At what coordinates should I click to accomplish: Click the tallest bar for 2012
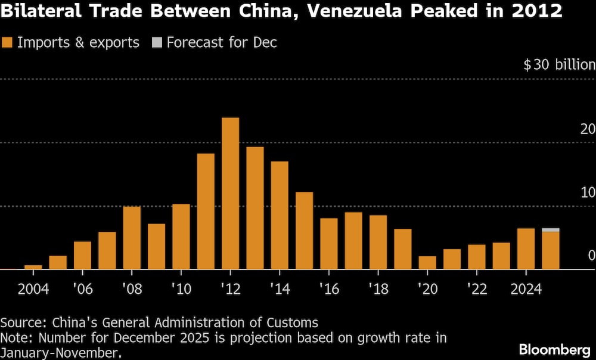pos(230,193)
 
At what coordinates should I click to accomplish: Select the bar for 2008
pos(132,238)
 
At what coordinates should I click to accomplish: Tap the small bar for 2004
pos(33,267)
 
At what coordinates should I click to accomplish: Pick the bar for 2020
pos(427,263)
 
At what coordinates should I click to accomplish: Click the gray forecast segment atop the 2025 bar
pos(551,229)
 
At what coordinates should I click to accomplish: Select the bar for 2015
pos(304,231)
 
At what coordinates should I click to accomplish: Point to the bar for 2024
pos(526,249)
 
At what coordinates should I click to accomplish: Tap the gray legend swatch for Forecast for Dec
pos(156,43)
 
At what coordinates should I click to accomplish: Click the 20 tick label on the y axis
pos(587,129)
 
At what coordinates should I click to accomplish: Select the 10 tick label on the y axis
pos(587,193)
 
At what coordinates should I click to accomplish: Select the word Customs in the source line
pos(294,323)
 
